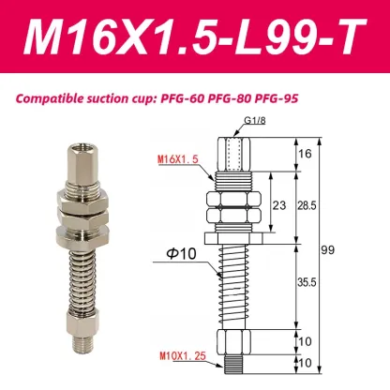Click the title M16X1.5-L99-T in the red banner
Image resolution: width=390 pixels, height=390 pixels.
[194, 37]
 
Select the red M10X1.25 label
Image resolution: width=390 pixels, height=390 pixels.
[180, 354]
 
